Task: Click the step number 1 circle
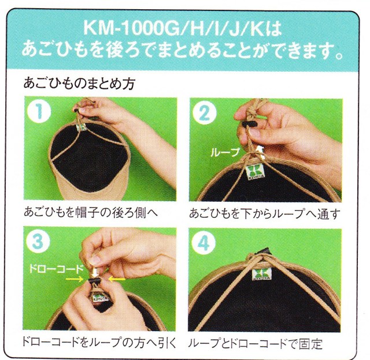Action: tap(39, 112)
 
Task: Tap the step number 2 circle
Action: tap(204, 113)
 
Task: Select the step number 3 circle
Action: tap(38, 242)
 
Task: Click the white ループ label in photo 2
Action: tap(225, 153)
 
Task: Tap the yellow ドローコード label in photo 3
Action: tap(56, 269)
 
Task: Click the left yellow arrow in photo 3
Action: tap(74, 280)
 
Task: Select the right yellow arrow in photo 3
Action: tap(117, 279)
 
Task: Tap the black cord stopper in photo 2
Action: tap(249, 124)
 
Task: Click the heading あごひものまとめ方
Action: tap(79, 83)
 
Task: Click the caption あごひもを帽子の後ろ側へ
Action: tap(91, 213)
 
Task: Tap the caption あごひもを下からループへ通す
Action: tap(265, 213)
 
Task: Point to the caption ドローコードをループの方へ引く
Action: tap(99, 343)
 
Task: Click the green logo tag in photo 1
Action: tap(82, 127)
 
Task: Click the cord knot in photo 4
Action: tap(257, 256)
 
